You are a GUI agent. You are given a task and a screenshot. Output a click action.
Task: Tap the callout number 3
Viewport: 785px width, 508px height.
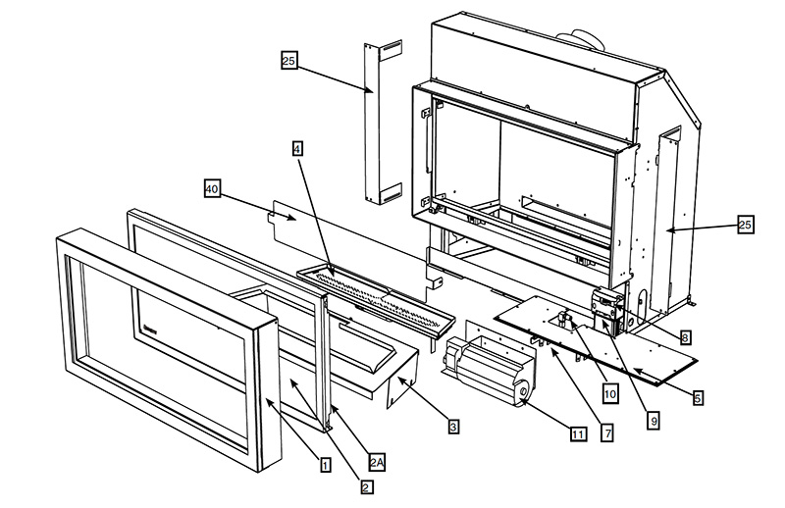(452, 427)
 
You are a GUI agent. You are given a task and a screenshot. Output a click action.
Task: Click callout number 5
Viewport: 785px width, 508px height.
(698, 398)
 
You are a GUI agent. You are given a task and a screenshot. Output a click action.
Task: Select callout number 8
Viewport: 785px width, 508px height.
(685, 337)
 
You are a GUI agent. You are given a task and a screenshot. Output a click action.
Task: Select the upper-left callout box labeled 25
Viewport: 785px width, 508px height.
(288, 61)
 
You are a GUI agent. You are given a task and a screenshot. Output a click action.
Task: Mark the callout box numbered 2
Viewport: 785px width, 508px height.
(365, 485)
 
